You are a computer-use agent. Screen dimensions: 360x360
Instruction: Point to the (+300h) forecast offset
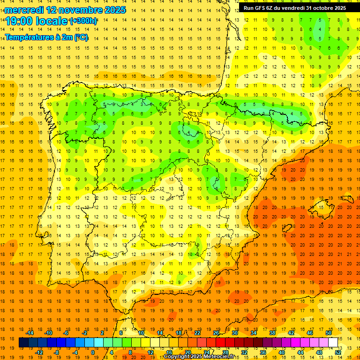coord(83,21)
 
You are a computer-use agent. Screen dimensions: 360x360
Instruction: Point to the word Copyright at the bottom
coord(178,357)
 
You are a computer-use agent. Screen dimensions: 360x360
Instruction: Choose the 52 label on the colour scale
coord(338,352)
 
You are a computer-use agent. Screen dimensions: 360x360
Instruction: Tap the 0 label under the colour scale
coord(92,352)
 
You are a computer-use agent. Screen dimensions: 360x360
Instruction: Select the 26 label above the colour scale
coord(216,333)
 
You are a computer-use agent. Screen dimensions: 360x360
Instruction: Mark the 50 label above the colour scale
coord(329,333)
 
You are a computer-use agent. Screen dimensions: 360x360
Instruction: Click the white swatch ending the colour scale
coord(333,343)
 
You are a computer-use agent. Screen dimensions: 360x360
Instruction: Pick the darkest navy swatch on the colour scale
coord(23,343)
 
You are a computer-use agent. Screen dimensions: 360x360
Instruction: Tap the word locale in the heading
coord(51,21)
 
